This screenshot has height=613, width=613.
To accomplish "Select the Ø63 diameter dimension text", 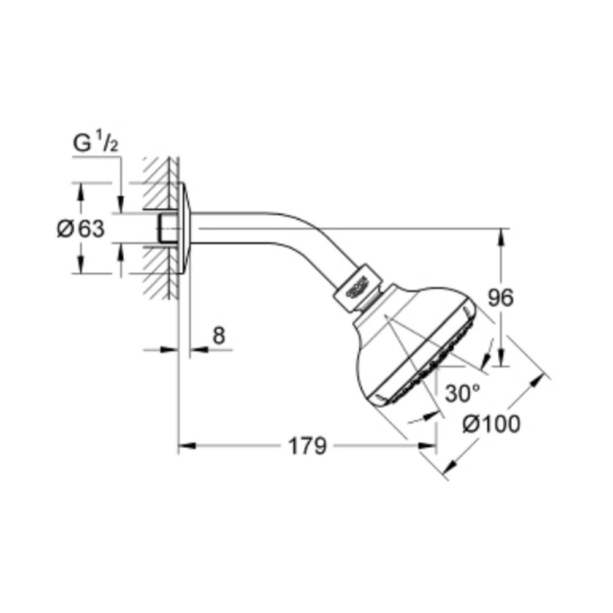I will tap(80, 229).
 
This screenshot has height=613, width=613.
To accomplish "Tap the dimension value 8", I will tap(219, 335).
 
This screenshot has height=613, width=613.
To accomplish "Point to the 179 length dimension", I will tap(307, 446).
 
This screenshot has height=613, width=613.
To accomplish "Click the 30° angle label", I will tap(462, 393).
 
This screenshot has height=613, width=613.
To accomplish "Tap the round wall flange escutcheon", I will tap(185, 228).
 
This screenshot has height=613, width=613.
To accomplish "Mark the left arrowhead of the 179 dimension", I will tap(186, 446).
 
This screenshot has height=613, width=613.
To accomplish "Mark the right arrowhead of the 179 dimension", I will tap(428, 446).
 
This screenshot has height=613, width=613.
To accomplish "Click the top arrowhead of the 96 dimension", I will tap(501, 235).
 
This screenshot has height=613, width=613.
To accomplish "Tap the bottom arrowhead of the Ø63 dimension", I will tap(80, 267).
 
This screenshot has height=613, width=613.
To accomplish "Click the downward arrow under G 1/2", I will tap(121, 205).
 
